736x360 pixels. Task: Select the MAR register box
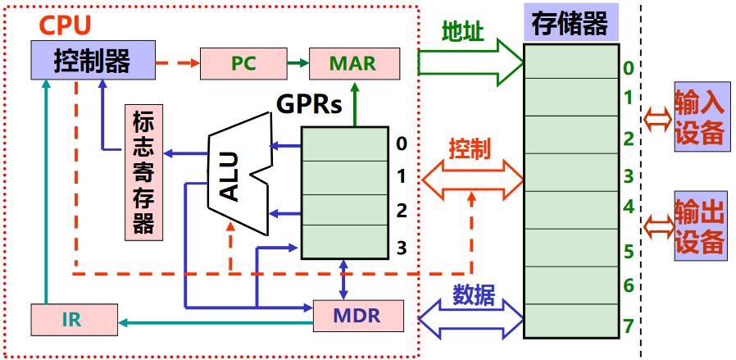tap(353, 63)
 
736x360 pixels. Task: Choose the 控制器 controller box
tap(93, 61)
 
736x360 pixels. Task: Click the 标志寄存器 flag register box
tap(143, 172)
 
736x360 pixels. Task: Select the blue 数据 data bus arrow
tap(471, 317)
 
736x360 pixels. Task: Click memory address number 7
tap(628, 326)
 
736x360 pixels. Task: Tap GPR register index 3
tap(402, 248)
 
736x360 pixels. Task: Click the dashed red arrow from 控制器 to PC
tap(177, 62)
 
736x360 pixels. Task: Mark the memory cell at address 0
tap(572, 61)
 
